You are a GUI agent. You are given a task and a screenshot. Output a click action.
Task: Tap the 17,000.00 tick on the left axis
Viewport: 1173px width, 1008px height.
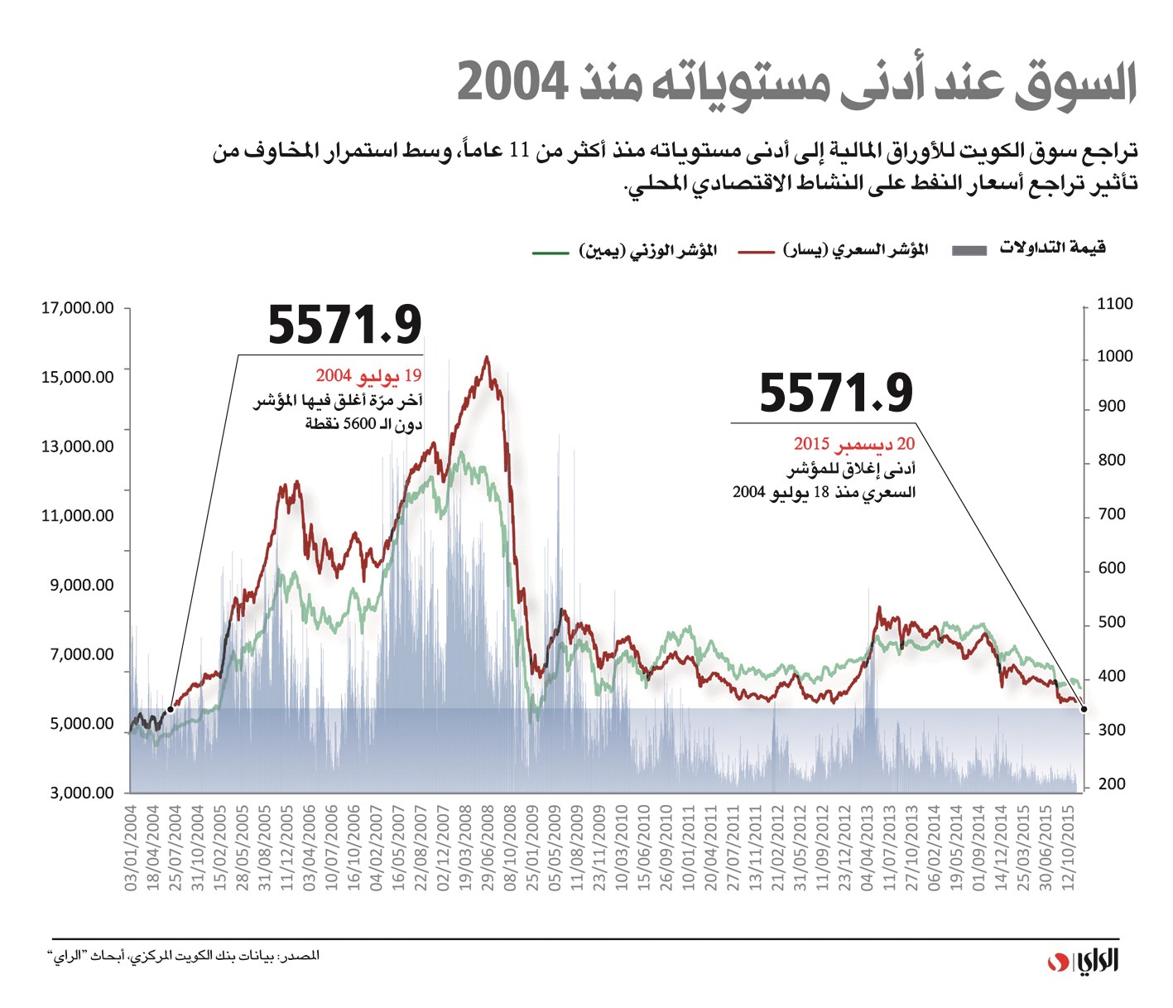coord(78,309)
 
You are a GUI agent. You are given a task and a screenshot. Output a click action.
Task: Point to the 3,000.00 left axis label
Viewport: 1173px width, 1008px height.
coord(82,793)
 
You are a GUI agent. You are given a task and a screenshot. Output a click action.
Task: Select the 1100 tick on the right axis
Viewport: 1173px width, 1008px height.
coord(1114,304)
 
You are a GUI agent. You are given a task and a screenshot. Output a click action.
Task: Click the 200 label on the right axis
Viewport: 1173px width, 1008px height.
coord(1111,784)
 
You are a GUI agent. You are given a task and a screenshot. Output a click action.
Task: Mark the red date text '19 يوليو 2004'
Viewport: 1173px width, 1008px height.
coord(368,377)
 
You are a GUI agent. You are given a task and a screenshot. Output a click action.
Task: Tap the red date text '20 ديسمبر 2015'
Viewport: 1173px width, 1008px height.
coord(854,445)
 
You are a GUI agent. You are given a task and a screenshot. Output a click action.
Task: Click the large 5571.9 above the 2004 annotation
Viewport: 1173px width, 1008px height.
coord(344,325)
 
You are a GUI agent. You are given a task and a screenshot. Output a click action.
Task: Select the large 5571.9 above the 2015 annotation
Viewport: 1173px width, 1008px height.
coord(836,393)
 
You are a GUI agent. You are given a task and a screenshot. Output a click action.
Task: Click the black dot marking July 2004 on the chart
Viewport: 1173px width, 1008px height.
coord(171,709)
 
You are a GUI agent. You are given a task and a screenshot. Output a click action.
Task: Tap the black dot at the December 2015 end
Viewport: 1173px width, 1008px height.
coord(1084,709)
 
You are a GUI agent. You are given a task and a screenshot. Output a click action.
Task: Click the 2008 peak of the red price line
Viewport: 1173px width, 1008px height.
coord(487,358)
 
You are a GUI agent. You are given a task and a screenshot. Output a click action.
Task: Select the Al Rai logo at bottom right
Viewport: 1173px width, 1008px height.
coord(1084,962)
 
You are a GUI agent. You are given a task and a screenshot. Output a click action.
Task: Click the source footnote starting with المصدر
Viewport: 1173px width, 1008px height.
coord(183,957)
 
